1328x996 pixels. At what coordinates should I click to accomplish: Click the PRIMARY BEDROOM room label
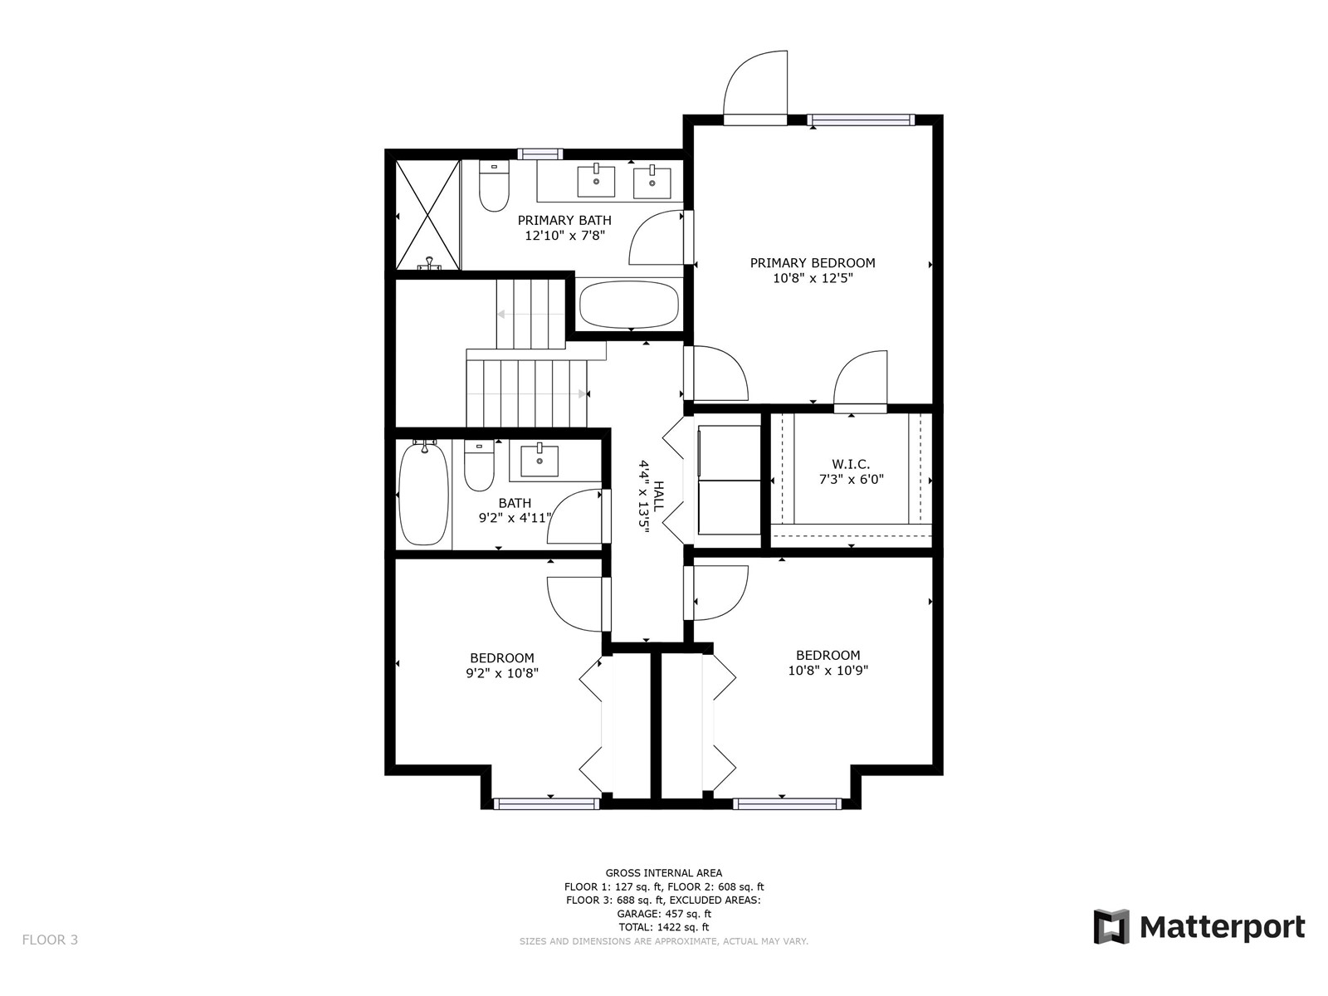click(x=812, y=263)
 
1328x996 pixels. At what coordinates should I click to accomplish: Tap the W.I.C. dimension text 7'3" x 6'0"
click(x=852, y=480)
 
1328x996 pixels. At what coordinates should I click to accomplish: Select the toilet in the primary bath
click(x=494, y=186)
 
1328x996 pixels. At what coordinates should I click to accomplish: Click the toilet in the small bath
click(x=479, y=466)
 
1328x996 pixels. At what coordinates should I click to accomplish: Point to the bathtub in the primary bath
click(x=629, y=305)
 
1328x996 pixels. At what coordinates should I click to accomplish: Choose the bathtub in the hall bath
click(x=424, y=494)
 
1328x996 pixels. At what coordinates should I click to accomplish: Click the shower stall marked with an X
click(x=427, y=214)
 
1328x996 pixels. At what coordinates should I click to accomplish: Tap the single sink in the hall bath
click(x=539, y=460)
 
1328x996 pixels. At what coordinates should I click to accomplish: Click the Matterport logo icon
click(x=1111, y=926)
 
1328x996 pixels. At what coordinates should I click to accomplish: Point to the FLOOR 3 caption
click(x=51, y=940)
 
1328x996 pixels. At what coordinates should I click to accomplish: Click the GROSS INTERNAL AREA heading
click(x=664, y=872)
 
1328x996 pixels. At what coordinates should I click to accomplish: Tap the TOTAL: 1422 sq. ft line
click(x=664, y=927)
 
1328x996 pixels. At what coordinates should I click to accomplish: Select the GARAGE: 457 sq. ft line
click(x=664, y=914)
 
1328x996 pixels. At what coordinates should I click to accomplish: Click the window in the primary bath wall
click(x=539, y=154)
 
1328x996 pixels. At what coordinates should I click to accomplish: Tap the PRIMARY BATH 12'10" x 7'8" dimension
click(x=564, y=236)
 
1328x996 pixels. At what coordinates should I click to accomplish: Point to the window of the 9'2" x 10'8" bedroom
click(x=546, y=803)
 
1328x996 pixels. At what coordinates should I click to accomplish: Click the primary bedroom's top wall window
click(x=862, y=120)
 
